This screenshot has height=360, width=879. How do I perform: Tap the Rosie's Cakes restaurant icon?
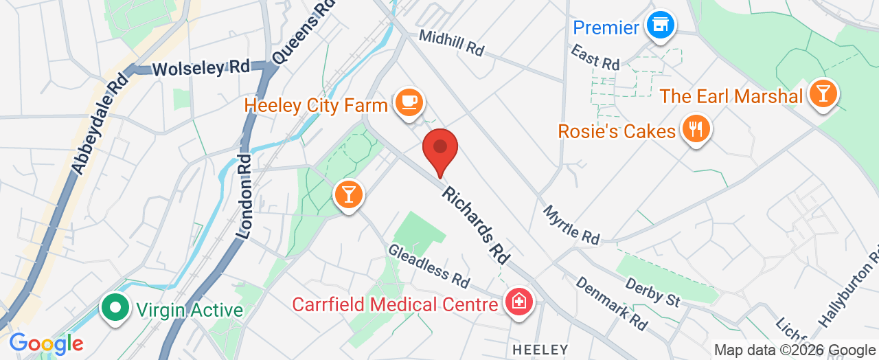pos(696,128)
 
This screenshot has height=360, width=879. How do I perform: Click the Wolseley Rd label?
pos(200,68)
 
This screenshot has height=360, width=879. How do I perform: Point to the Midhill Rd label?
pos(451,43)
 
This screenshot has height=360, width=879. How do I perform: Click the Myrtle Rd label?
pos(571,225)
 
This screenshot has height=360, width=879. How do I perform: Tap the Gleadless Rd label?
pos(429,266)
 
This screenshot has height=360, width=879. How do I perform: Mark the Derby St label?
pos(653,292)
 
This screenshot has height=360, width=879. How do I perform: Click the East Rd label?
pos(595,58)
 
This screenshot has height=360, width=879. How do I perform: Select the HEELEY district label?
pos(540,350)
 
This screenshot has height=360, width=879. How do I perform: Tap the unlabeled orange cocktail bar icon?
pos(348,195)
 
